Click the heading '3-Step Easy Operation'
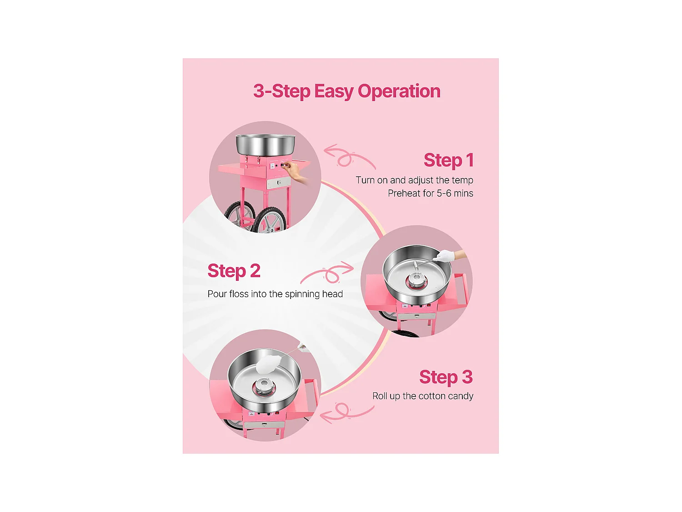[x=347, y=91]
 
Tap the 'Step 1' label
[x=449, y=160]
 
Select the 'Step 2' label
[x=234, y=271]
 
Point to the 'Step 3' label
[x=446, y=377]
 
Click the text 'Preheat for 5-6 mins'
[x=430, y=193]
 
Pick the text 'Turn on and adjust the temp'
[x=415, y=180]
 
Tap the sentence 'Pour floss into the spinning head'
[x=275, y=294]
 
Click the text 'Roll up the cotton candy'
[x=422, y=396]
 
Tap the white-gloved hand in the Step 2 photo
[x=445, y=256]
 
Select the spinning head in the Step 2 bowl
[x=416, y=279]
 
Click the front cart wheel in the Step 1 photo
[x=271, y=220]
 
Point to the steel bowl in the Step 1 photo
[x=266, y=144]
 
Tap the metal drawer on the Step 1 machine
[x=279, y=182]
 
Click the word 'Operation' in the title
[x=399, y=91]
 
